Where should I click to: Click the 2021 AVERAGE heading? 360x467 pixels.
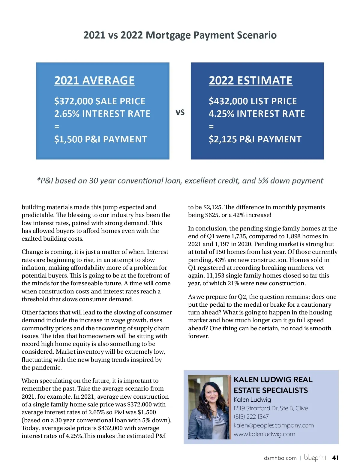click(94, 81)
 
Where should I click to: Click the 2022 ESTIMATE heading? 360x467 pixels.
click(250, 81)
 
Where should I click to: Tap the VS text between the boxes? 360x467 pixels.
click(180, 112)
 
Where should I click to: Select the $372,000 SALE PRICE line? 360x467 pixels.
click(100, 101)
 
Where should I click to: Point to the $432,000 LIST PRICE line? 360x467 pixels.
click(253, 101)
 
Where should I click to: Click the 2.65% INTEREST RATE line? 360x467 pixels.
click(102, 114)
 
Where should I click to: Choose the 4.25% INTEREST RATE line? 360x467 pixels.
click(257, 114)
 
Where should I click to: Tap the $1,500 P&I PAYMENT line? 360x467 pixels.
click(100, 139)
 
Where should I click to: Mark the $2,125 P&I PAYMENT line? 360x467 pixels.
click(255, 139)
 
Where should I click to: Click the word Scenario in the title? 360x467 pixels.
click(257, 35)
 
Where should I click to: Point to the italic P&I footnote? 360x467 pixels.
click(180, 181)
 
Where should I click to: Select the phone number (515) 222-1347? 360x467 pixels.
click(251, 417)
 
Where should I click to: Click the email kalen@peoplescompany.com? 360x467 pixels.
click(274, 425)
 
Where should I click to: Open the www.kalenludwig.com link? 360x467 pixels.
click(264, 434)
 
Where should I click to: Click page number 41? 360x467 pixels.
click(335, 458)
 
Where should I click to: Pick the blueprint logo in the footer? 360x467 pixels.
click(315, 458)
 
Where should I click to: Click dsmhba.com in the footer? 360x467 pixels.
click(280, 458)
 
